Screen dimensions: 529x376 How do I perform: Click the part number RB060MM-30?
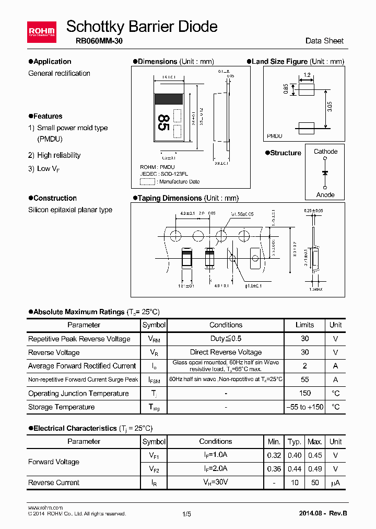[x=96, y=41]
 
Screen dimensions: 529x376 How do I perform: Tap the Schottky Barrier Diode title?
[x=142, y=26]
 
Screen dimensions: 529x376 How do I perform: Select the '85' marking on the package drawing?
[x=163, y=123]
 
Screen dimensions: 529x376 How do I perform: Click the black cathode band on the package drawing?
[x=168, y=98]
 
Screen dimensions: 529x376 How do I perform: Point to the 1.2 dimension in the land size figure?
[x=307, y=75]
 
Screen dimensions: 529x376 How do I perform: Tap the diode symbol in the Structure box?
[x=325, y=172]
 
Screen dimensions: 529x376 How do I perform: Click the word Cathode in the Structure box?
[x=325, y=152]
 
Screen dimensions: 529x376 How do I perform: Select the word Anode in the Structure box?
[x=325, y=194]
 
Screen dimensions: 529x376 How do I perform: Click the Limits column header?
[x=304, y=325]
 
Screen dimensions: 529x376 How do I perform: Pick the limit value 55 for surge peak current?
[x=305, y=379]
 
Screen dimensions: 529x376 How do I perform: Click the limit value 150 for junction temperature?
[x=305, y=393]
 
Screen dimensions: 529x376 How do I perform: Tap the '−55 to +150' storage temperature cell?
[x=305, y=407]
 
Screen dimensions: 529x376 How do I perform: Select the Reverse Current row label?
[x=54, y=482]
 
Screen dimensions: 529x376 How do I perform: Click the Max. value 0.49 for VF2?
[x=315, y=469]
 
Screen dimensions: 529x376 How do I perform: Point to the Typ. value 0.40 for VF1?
[x=295, y=455]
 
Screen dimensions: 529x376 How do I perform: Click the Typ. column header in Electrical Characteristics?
[x=295, y=442]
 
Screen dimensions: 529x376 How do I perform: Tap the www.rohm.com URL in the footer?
[x=45, y=508]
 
